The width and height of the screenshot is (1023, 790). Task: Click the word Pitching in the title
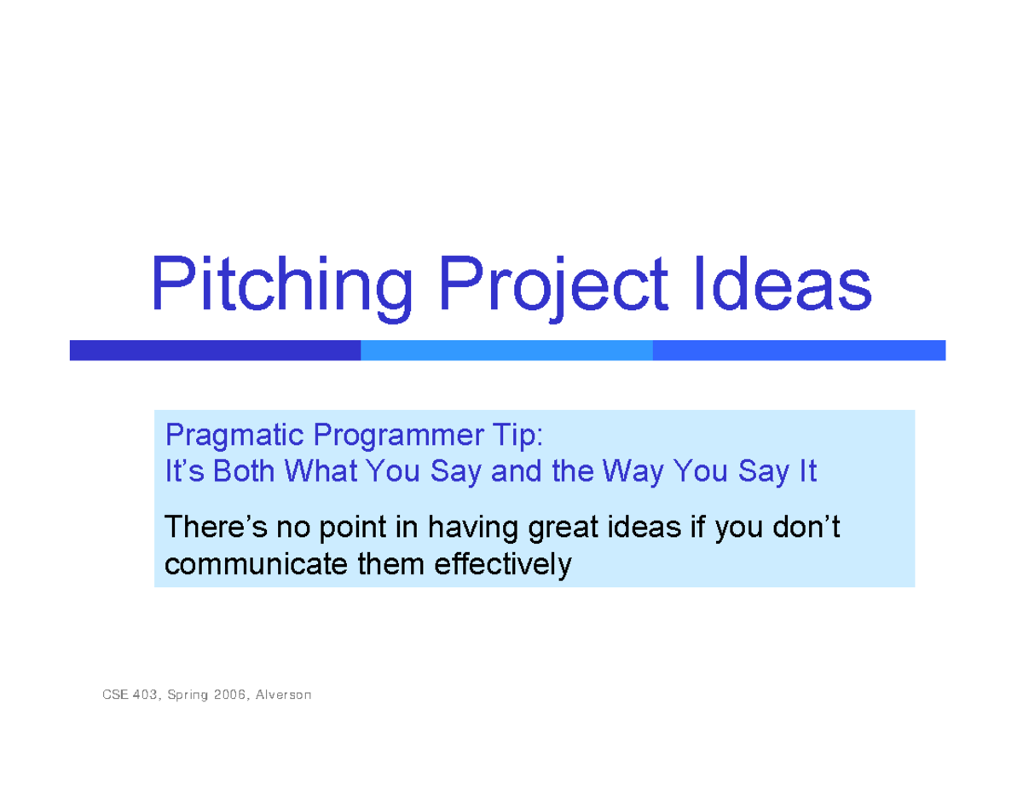point(281,287)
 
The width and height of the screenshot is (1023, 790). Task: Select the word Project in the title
point(553,287)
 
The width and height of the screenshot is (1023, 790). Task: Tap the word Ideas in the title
point(783,283)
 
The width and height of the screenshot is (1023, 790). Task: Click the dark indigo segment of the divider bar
point(215,350)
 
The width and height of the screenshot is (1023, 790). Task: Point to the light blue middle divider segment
point(506,350)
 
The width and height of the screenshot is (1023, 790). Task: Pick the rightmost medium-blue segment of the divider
point(799,350)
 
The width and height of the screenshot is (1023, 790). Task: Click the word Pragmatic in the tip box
point(234,436)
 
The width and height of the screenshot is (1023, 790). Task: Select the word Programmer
point(398,436)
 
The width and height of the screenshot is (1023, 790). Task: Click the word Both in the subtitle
point(244,470)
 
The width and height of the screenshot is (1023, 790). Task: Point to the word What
point(321,470)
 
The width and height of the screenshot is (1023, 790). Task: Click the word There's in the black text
point(216,526)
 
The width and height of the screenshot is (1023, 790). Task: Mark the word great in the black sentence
point(563,528)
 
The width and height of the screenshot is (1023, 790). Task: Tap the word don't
point(806,526)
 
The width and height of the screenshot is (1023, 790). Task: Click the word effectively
point(503,566)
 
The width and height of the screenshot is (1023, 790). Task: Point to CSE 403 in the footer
point(130,695)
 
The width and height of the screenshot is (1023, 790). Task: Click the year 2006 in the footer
point(229,695)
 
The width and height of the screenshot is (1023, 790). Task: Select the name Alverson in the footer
point(283,695)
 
